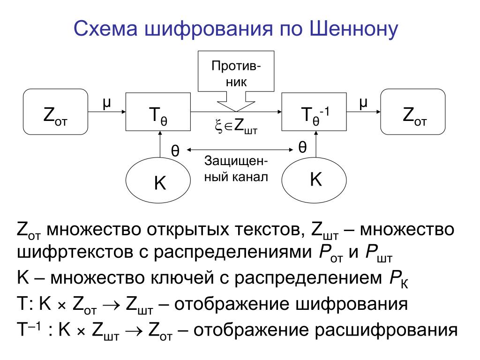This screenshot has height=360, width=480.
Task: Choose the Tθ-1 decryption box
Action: click(314, 112)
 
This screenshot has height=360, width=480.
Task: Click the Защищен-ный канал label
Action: click(236, 169)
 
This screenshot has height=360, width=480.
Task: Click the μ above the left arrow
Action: click(106, 102)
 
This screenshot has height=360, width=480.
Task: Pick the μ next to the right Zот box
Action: click(362, 102)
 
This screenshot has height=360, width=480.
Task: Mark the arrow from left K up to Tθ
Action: click(160, 143)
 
